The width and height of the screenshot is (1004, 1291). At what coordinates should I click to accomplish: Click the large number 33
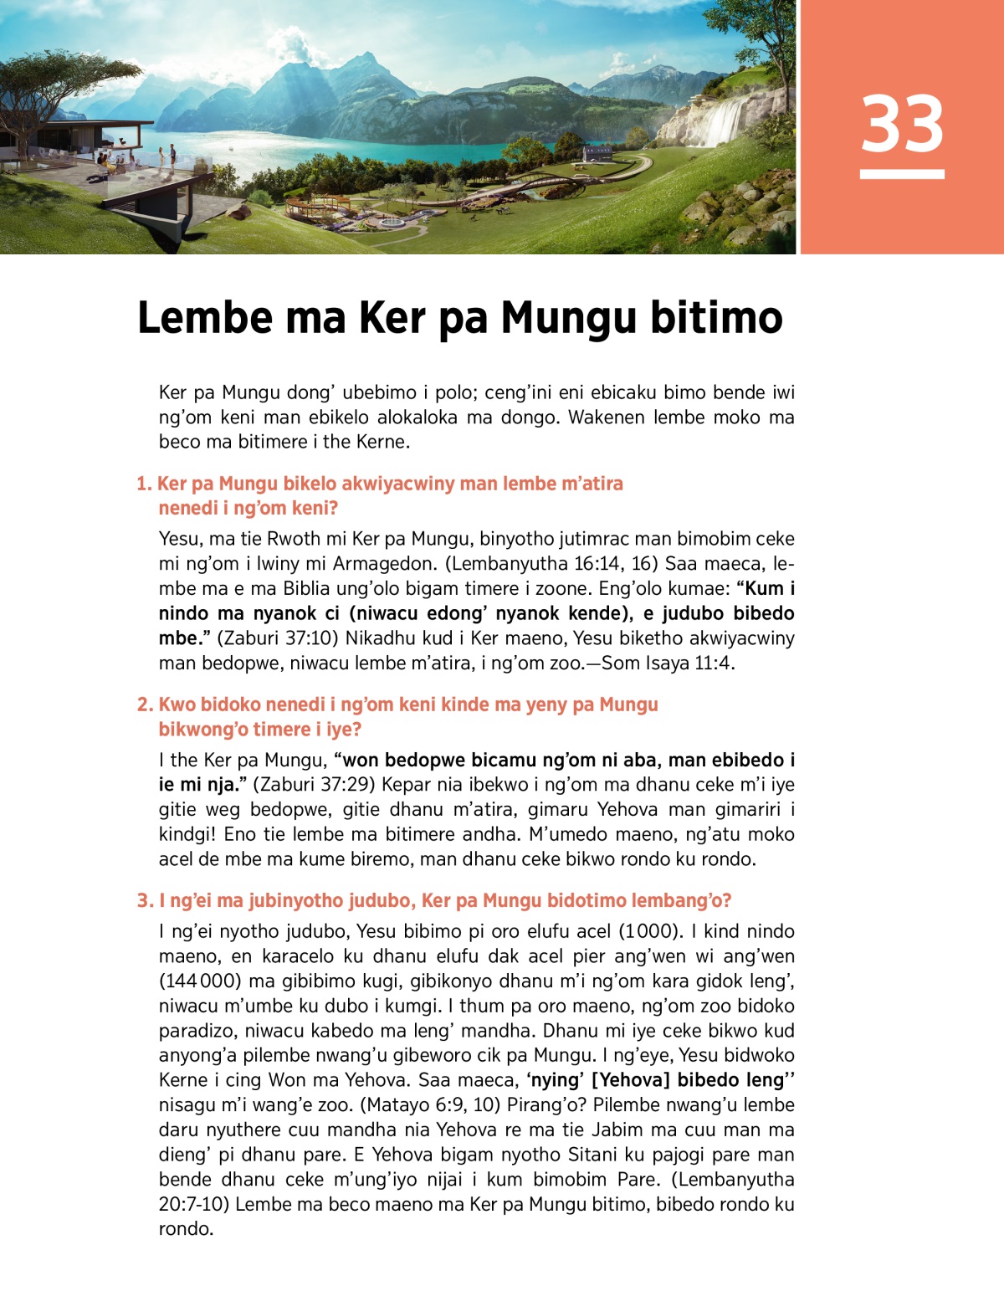902,123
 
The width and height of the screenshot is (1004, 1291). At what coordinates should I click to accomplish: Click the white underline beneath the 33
902,174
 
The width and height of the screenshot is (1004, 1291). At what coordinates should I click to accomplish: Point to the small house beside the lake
597,152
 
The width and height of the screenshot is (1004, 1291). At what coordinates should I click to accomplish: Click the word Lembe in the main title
204,318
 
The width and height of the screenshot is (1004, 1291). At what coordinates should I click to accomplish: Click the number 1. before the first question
144,484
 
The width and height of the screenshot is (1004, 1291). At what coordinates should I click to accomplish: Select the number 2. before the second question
145,704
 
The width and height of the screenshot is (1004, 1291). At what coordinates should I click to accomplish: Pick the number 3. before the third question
145,901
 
